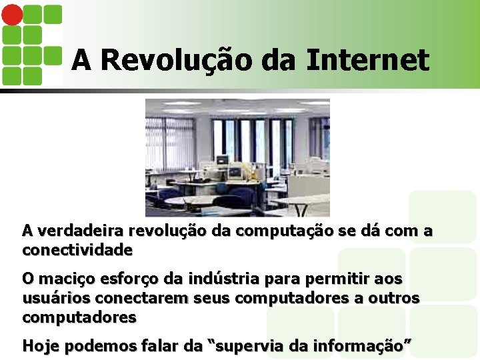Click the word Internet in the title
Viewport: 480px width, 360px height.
(368, 60)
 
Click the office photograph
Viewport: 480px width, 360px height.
(237, 157)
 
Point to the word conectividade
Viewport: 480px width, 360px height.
(77, 251)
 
